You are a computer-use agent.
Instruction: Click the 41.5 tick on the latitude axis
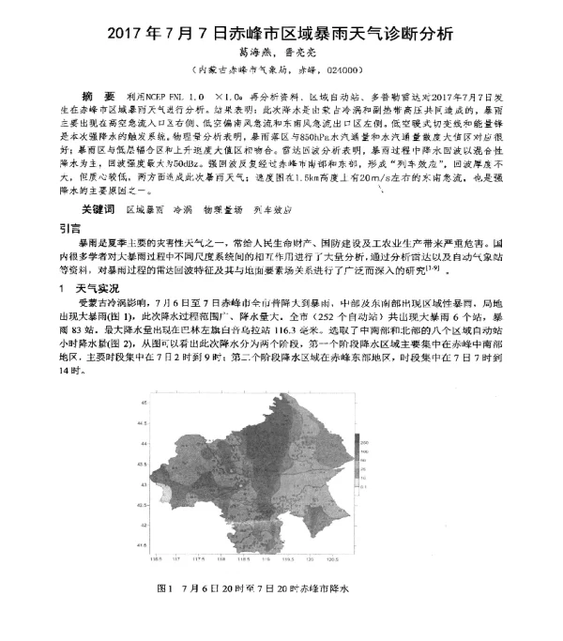click(x=142, y=543)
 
